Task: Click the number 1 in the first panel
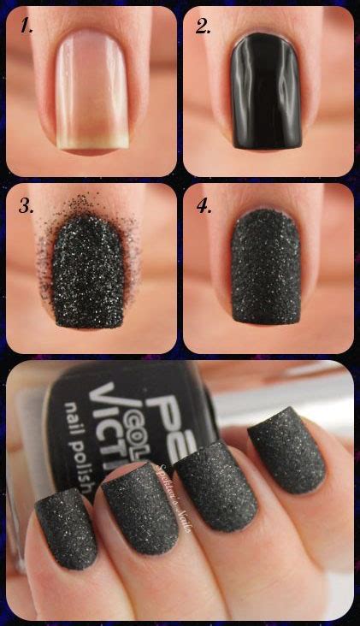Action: [x=27, y=26]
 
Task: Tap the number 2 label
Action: [x=203, y=26]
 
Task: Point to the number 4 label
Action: [x=204, y=205]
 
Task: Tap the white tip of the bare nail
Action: [x=91, y=141]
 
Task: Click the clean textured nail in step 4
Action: [x=267, y=269]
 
